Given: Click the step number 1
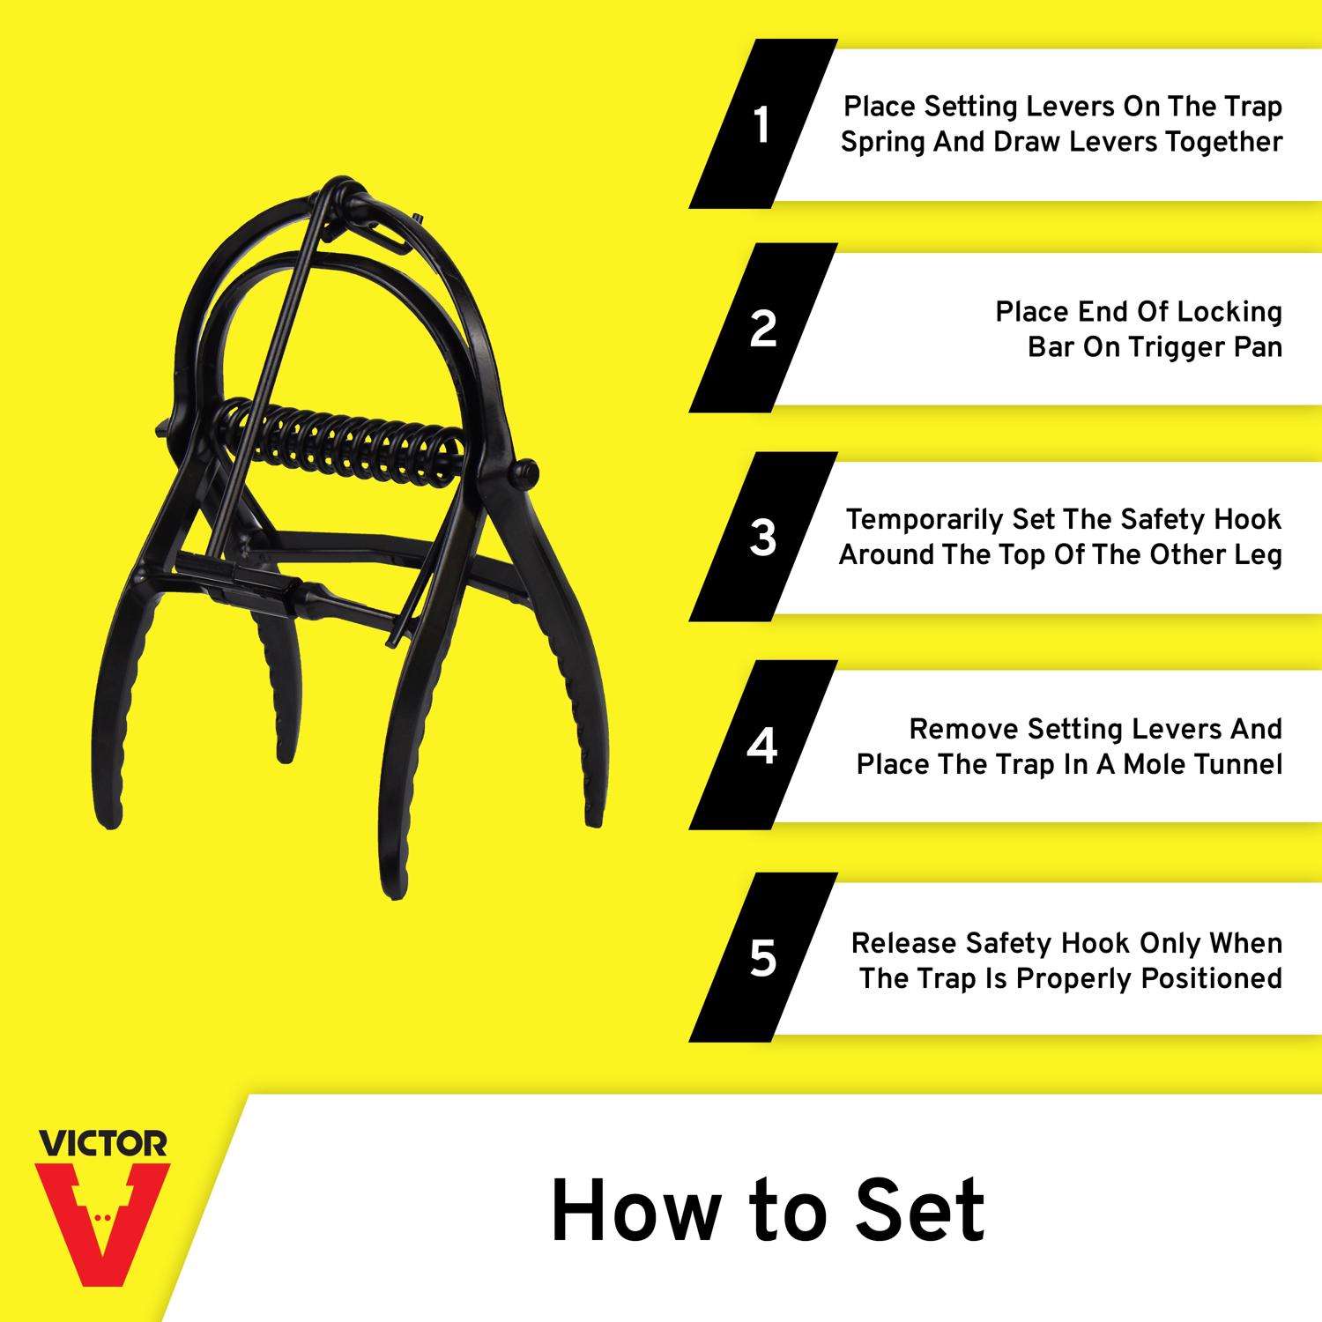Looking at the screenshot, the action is click(761, 125).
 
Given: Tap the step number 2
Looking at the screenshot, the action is click(763, 328).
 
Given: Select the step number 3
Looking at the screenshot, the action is click(763, 537).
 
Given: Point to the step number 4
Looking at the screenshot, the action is click(762, 746).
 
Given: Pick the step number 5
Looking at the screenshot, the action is click(763, 957).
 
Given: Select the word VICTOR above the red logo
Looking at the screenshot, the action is click(102, 1144).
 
